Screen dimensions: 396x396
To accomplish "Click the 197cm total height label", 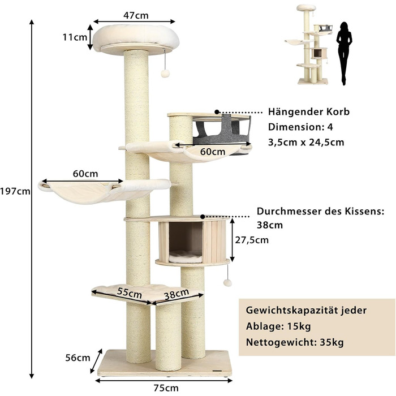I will tap(16, 191).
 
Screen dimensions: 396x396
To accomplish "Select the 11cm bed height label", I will tap(76, 38).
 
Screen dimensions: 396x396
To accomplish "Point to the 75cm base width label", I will tap(166, 388).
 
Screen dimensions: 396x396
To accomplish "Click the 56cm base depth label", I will tap(78, 358).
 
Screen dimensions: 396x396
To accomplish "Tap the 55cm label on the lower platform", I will tap(130, 293).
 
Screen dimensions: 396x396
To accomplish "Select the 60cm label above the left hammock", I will tap(85, 173).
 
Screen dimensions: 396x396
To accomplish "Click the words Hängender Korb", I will tap(309, 112).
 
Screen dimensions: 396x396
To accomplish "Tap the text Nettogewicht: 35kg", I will tap(294, 342).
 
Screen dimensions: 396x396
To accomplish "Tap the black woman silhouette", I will tap(343, 53).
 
